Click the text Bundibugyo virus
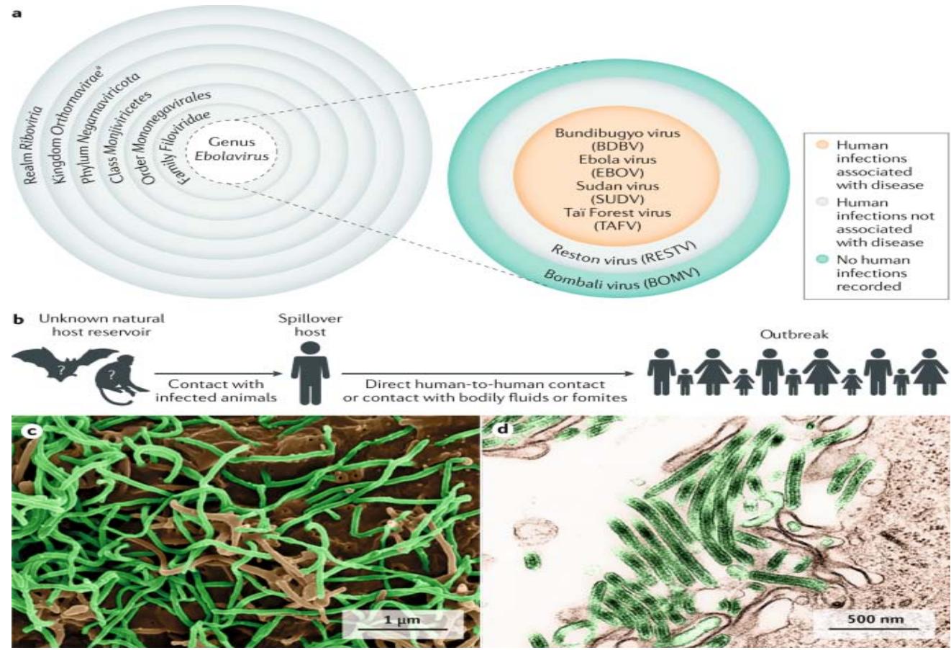coord(616,132)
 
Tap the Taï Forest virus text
coord(616,212)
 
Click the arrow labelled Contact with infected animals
coord(216,374)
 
